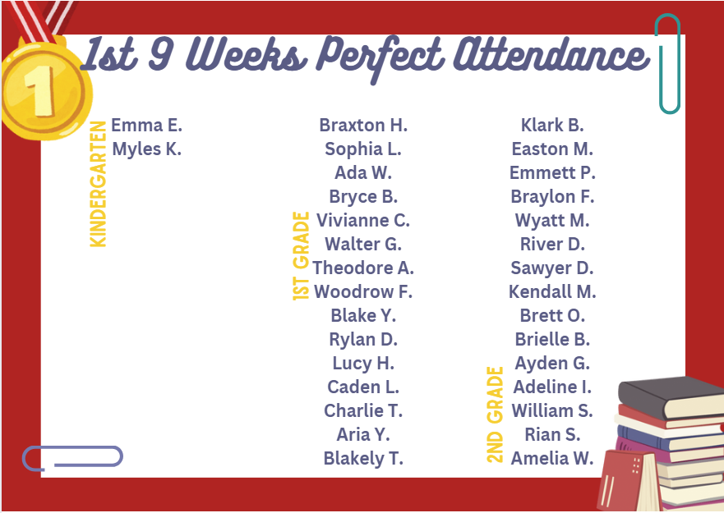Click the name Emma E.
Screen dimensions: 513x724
[146, 126]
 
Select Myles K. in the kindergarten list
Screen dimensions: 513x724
[146, 149]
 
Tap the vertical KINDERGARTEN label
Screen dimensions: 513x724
[99, 184]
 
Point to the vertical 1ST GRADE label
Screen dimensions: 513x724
[302, 256]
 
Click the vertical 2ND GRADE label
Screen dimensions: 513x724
[495, 415]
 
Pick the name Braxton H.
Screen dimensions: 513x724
[363, 126]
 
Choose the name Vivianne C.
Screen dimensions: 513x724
[363, 221]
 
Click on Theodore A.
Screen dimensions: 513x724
[363, 268]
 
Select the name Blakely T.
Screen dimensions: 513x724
[363, 459]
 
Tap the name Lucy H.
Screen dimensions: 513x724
[363, 364]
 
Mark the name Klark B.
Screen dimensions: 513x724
[552, 126]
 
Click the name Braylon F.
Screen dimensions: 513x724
[552, 197]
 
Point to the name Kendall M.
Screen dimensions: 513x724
[552, 292]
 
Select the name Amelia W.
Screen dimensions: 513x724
[552, 459]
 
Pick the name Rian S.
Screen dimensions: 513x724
[552, 435]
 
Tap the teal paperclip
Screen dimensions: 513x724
[668, 63]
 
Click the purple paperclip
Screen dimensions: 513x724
[72, 457]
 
